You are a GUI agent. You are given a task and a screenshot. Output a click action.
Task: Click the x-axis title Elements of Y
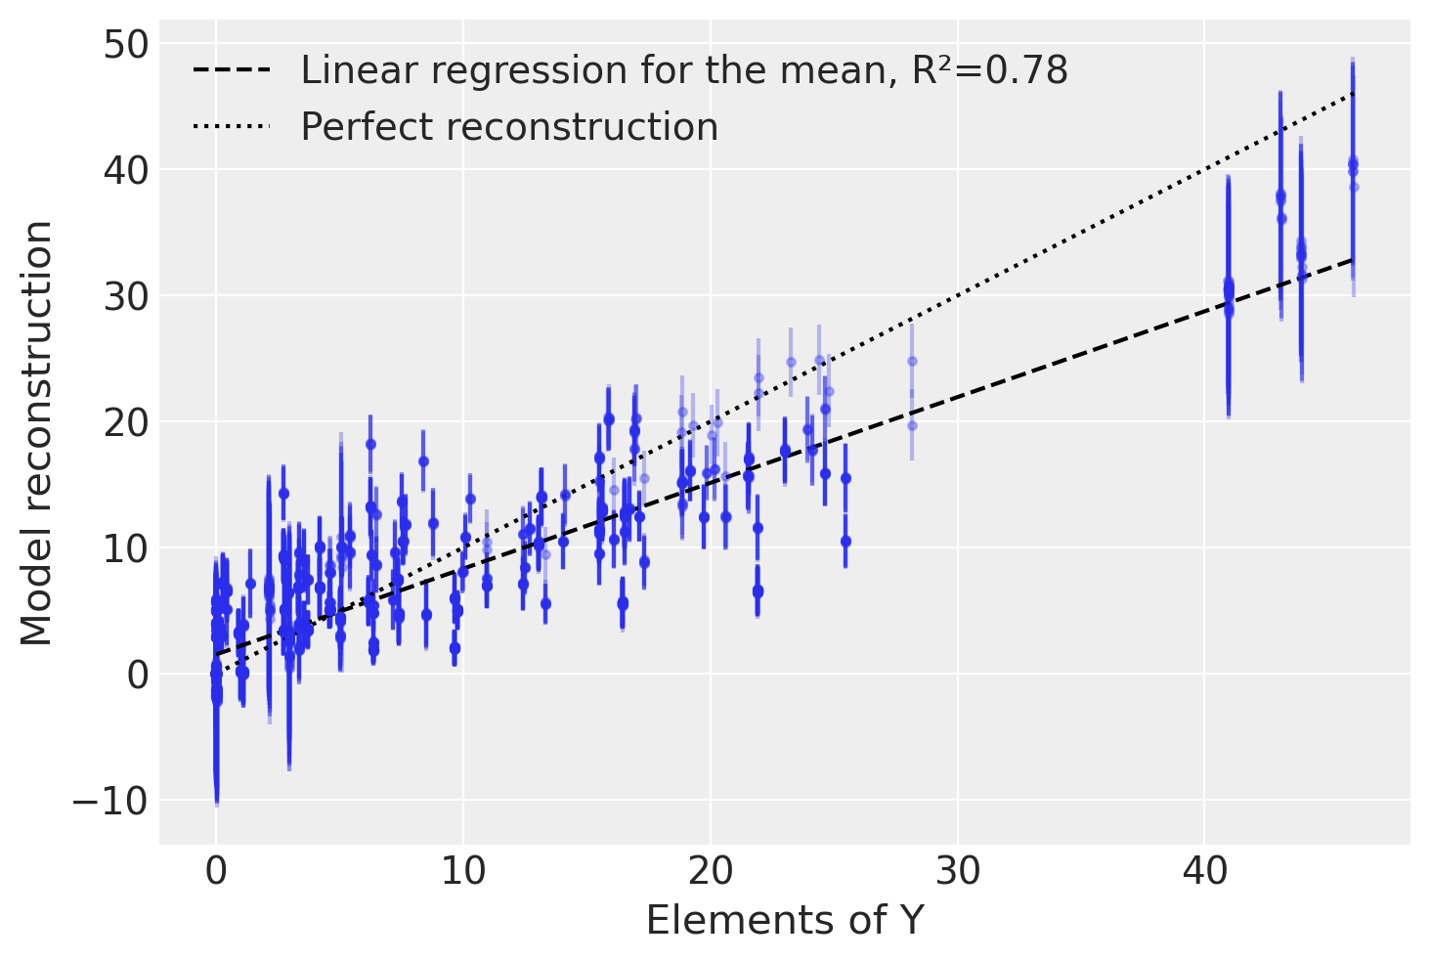click(x=785, y=921)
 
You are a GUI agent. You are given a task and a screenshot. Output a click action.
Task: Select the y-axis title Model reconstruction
click(x=37, y=433)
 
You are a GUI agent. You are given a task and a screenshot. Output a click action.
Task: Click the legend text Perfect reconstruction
click(x=508, y=127)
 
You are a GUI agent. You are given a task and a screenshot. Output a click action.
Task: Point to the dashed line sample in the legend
click(x=231, y=70)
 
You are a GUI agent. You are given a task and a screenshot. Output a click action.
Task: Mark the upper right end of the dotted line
click(x=1353, y=93)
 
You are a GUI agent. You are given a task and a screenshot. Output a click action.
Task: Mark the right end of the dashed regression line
click(x=1353, y=259)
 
